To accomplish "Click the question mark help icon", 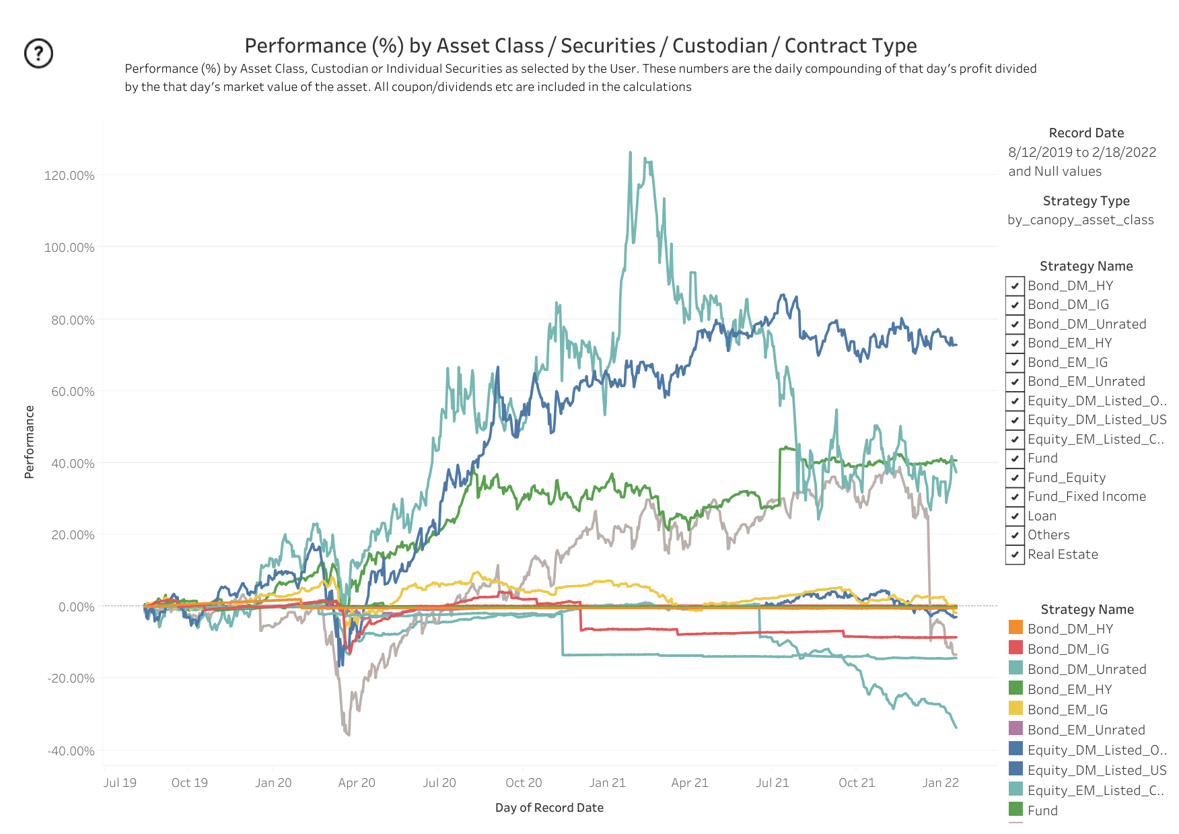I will pyautogui.click(x=38, y=53).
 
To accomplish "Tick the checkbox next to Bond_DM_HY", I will pyautogui.click(x=1015, y=286).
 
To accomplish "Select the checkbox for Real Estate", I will pyautogui.click(x=1015, y=555).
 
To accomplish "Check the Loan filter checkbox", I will pyautogui.click(x=1015, y=516).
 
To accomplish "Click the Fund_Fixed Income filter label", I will pyautogui.click(x=1086, y=497).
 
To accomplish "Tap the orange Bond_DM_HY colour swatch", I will pyautogui.click(x=1015, y=628).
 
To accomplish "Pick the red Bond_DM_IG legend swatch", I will pyautogui.click(x=1015, y=648).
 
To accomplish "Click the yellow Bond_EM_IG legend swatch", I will pyautogui.click(x=1015, y=709).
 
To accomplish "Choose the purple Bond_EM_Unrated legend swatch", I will pyautogui.click(x=1015, y=729).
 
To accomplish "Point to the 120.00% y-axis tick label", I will pyautogui.click(x=69, y=176).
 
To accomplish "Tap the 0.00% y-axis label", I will pyautogui.click(x=77, y=607).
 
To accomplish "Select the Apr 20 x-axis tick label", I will pyautogui.click(x=357, y=783).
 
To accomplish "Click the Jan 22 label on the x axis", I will pyautogui.click(x=940, y=783).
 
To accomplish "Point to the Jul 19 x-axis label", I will pyautogui.click(x=120, y=783).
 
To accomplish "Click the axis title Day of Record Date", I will pyautogui.click(x=549, y=808).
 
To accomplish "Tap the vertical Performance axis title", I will pyautogui.click(x=29, y=442).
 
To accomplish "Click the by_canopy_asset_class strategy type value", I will pyautogui.click(x=1080, y=220).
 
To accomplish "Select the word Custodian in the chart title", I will pyautogui.click(x=719, y=46).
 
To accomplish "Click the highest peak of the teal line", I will pyautogui.click(x=631, y=153).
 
